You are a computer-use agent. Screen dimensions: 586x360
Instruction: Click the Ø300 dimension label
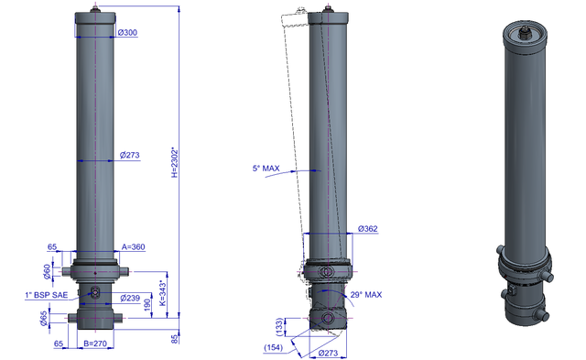pyautogui.click(x=127, y=33)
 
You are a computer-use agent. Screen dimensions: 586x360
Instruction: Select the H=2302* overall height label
pyautogui.click(x=175, y=163)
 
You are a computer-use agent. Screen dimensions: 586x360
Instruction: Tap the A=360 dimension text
pyautogui.click(x=134, y=246)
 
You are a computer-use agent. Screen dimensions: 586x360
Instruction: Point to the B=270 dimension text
pyautogui.click(x=95, y=344)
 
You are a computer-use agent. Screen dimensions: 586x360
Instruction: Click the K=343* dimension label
pyautogui.click(x=163, y=293)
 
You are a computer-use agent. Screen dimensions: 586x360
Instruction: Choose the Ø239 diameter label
pyautogui.click(x=130, y=298)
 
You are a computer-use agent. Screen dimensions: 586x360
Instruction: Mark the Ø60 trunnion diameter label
pyautogui.click(x=47, y=271)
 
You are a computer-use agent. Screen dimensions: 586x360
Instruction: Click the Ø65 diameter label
pyautogui.click(x=44, y=318)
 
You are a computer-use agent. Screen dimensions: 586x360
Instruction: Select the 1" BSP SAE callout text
pyautogui.click(x=47, y=295)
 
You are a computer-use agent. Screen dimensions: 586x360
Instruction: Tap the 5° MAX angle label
pyautogui.click(x=266, y=169)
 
